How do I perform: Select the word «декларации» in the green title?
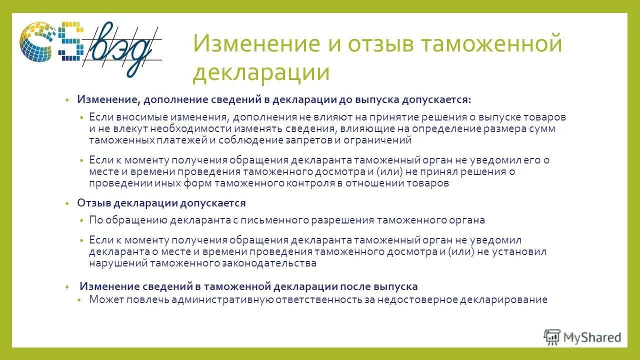[261, 72]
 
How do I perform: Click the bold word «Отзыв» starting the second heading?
[93, 203]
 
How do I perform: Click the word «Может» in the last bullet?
[106, 299]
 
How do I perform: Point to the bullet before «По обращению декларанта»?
[81, 220]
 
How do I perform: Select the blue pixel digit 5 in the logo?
[69, 43]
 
